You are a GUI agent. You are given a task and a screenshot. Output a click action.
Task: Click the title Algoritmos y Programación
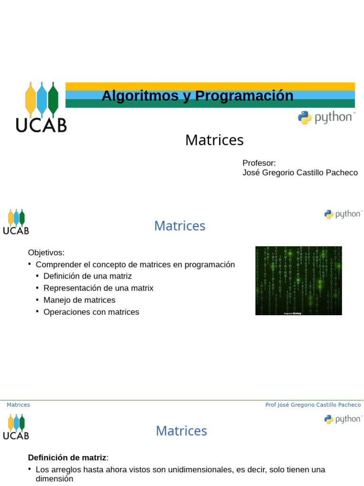pyautogui.click(x=197, y=96)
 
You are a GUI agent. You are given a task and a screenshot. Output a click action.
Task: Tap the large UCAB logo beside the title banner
pyautogui.click(x=41, y=107)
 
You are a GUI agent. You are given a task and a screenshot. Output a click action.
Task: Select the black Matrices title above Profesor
pyautogui.click(x=214, y=140)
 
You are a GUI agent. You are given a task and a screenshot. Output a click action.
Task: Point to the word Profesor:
pyautogui.click(x=259, y=163)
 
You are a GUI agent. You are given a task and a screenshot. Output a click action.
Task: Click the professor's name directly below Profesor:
pyautogui.click(x=300, y=173)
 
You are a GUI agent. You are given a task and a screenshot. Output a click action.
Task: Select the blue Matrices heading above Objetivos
pyautogui.click(x=180, y=226)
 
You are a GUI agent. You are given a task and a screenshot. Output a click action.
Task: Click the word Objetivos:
pyautogui.click(x=46, y=252)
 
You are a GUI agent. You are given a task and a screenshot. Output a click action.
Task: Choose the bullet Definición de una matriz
pyautogui.click(x=87, y=276)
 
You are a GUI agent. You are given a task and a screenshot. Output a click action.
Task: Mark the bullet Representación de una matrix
pyautogui.click(x=98, y=288)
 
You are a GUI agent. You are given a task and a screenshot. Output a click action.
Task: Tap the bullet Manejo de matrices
pyautogui.click(x=79, y=300)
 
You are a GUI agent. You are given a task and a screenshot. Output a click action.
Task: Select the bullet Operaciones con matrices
pyautogui.click(x=91, y=312)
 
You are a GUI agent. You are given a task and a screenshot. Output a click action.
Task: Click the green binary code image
pyautogui.click(x=299, y=280)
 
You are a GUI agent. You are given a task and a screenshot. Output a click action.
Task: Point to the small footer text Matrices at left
pyautogui.click(x=18, y=405)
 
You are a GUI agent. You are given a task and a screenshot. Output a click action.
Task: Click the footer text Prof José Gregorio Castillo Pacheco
pyautogui.click(x=313, y=405)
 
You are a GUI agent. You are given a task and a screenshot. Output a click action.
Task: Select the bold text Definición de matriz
pyautogui.click(x=67, y=458)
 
